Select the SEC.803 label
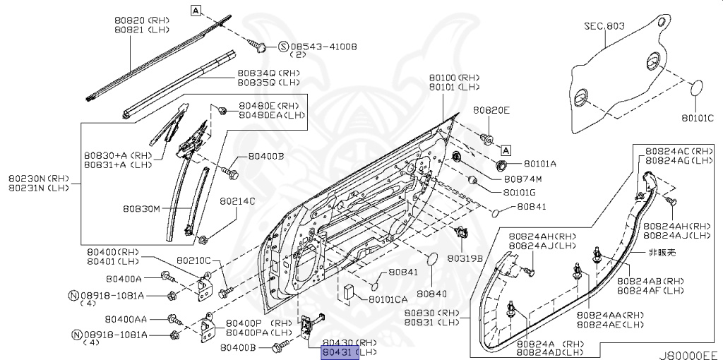[x=604, y=26]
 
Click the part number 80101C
[x=698, y=118]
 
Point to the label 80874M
[x=532, y=179]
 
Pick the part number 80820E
[x=491, y=110]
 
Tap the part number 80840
[x=431, y=293]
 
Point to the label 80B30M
[x=141, y=209]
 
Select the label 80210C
[x=193, y=260]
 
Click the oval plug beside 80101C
[x=697, y=90]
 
